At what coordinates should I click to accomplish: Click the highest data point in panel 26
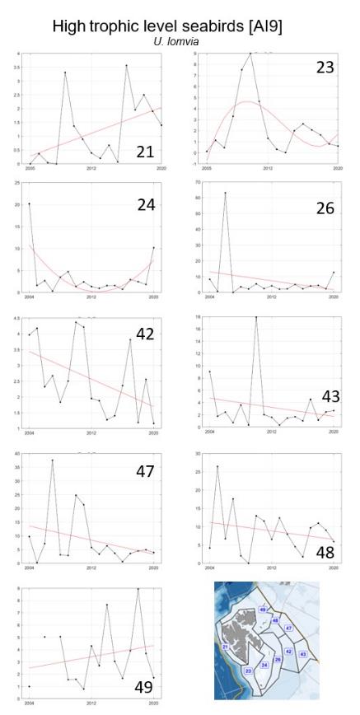pyautogui.click(x=225, y=193)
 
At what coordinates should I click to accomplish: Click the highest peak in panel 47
pyautogui.click(x=53, y=460)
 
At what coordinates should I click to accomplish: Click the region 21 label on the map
pyautogui.click(x=224, y=647)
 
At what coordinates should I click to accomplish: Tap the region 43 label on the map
pyautogui.click(x=302, y=653)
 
